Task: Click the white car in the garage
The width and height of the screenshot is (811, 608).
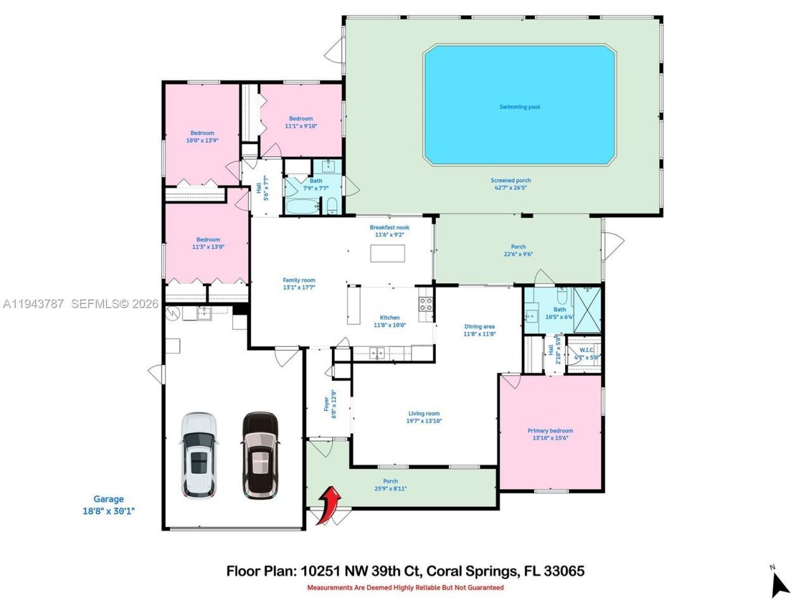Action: (199, 454)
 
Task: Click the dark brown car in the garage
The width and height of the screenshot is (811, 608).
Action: (260, 454)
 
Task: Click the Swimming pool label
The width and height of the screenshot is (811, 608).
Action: (520, 107)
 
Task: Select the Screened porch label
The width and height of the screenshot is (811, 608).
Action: (510, 184)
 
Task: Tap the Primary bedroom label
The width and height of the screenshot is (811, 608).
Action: (550, 434)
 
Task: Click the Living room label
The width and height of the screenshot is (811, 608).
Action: (424, 417)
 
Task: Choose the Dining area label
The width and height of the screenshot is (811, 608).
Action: (479, 330)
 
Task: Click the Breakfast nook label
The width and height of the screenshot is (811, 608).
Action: (390, 231)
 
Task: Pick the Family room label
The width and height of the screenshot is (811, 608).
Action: (299, 283)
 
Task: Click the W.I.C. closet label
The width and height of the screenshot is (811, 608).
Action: (586, 353)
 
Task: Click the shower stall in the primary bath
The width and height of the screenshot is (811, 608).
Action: (586, 310)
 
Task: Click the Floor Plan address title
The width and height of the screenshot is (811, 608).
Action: (405, 571)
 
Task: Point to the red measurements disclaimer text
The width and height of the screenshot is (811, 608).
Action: (405, 588)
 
